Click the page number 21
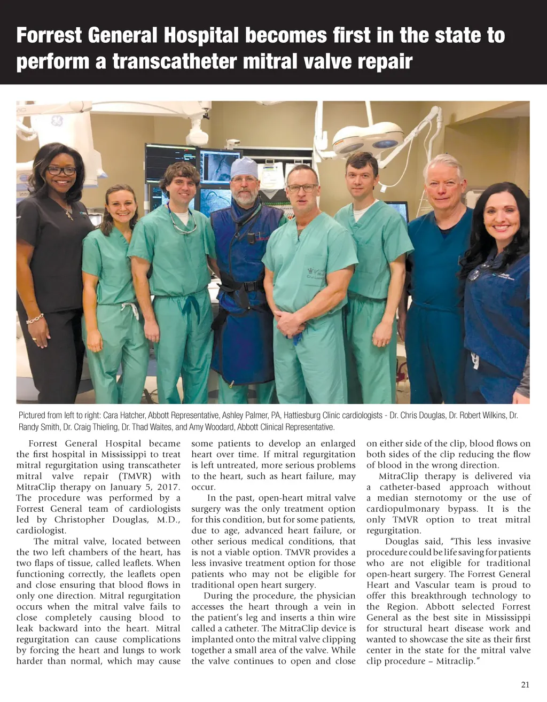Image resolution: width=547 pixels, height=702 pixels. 525,685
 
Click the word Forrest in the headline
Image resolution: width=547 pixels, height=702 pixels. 49,36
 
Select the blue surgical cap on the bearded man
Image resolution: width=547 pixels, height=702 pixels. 244,167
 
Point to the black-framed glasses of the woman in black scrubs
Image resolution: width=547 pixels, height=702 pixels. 61,170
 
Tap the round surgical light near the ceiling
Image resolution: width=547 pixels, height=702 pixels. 369,137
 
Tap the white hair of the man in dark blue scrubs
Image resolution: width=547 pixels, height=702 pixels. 443,162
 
